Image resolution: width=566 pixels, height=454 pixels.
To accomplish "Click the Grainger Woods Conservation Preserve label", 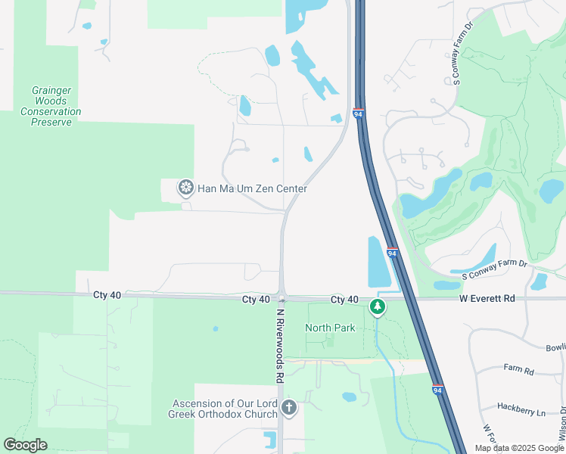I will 51,106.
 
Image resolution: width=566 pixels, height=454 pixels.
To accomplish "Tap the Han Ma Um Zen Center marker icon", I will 185,188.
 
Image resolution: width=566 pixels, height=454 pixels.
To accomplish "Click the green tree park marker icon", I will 377,306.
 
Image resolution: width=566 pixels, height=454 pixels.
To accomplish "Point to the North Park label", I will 330,328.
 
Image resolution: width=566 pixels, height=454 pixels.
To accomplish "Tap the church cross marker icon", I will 288,409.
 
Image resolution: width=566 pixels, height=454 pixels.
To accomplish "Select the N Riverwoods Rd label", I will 279,344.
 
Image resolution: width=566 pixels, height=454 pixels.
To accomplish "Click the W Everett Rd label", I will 487,299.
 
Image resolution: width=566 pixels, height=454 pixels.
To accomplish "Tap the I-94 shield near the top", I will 359,114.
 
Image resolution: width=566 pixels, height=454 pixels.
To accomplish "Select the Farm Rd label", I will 518,371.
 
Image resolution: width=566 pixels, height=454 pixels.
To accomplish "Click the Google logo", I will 25,445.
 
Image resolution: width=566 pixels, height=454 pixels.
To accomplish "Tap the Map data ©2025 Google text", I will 518,448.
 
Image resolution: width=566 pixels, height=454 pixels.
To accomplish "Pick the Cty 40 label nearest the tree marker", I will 344,300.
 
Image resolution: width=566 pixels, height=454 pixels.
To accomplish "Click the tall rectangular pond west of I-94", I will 375,262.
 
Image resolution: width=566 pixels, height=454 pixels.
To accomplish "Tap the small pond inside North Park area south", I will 349,396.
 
